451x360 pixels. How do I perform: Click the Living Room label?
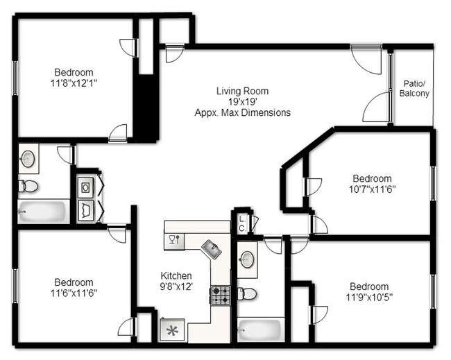coord(242,91)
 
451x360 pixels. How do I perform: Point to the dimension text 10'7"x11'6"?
coord(371,189)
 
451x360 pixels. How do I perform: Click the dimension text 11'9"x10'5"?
coord(368,297)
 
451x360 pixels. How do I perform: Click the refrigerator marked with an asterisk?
coord(172,330)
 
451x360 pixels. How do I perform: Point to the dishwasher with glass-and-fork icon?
coord(173,240)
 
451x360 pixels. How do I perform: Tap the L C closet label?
coord(241,223)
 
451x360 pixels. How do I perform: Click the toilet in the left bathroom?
coord(28,186)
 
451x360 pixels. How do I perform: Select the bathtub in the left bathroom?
coord(42,211)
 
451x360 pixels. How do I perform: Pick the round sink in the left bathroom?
coord(28,158)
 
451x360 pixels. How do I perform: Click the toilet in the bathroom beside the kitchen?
coord(247,293)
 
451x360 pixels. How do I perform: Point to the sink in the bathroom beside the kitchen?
coord(247,259)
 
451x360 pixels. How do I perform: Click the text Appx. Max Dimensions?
coord(242,112)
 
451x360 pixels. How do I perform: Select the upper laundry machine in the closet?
coord(86,186)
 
